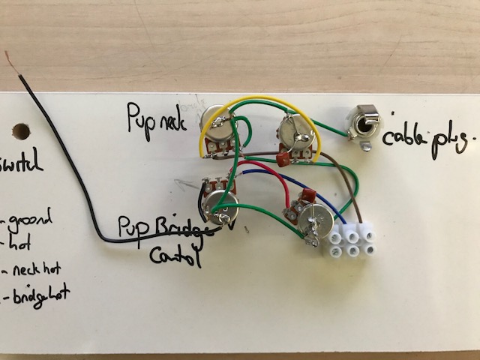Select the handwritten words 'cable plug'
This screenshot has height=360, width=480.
tap(429, 138)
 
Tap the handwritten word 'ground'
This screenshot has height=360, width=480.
tap(29, 222)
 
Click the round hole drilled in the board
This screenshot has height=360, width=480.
tap(21, 132)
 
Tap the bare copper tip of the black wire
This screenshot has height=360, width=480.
tap(14, 61)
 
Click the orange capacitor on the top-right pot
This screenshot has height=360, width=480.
tap(282, 159)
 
